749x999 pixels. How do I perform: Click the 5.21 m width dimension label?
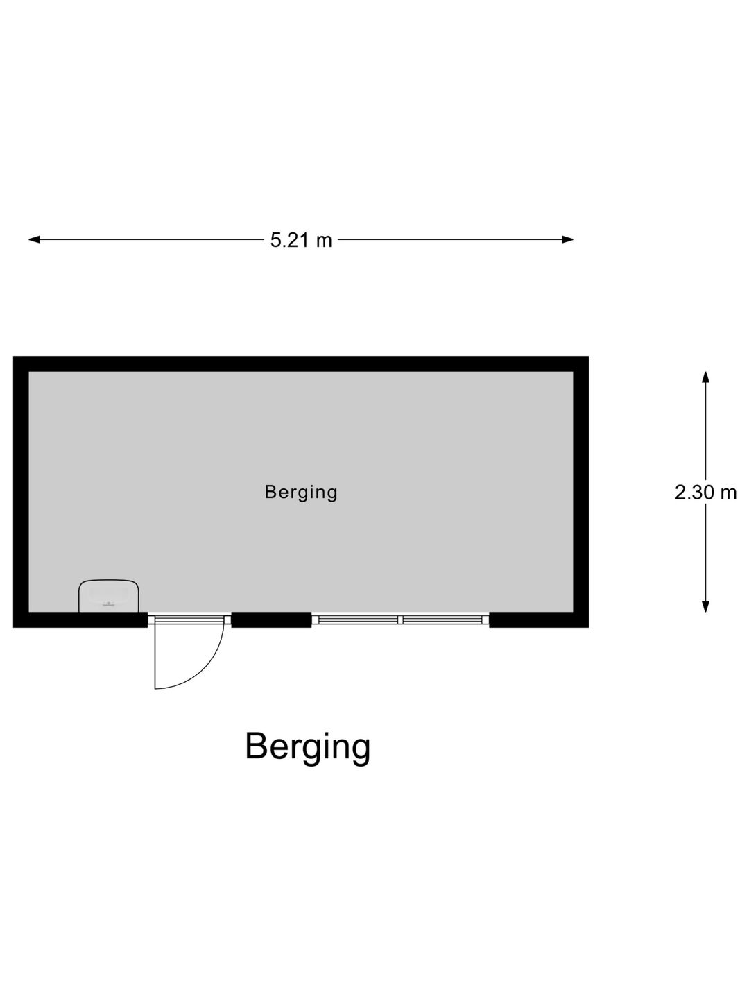point(301,240)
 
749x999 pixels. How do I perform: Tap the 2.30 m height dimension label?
point(705,492)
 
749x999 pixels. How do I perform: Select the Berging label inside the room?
point(301,493)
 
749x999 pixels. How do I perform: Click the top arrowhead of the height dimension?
point(705,378)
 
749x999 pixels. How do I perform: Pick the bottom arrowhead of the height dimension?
point(705,606)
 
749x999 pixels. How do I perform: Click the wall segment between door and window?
point(271,620)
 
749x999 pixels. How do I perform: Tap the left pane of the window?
point(358,620)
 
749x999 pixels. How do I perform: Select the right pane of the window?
point(442,620)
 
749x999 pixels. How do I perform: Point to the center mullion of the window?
point(400,620)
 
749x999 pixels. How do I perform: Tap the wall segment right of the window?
point(539,620)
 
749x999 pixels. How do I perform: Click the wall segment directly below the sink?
point(109,620)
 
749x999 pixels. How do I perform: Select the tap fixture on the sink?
point(109,605)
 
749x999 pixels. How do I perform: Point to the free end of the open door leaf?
point(155,689)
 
